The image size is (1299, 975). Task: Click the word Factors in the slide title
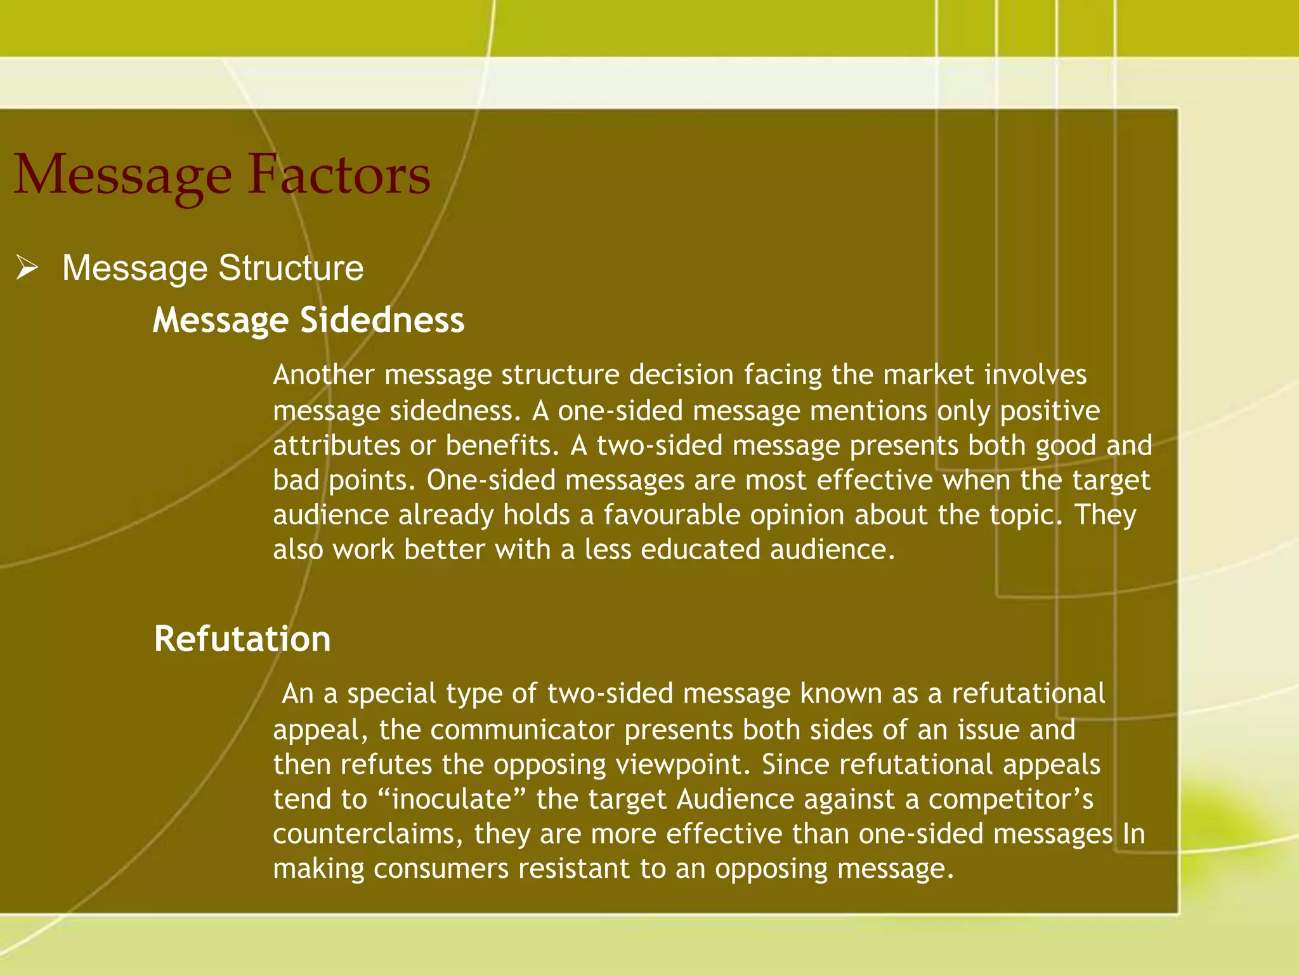[x=339, y=174]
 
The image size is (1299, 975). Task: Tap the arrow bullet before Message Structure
[x=27, y=268]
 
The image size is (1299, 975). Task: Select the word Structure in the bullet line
[x=291, y=268]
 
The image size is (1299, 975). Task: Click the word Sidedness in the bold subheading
[x=382, y=320]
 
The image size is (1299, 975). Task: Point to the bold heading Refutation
[x=242, y=639]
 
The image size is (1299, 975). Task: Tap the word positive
[x=1050, y=411]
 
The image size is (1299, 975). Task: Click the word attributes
[x=337, y=446]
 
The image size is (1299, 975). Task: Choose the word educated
[x=700, y=550]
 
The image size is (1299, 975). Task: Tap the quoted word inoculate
[x=452, y=799]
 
